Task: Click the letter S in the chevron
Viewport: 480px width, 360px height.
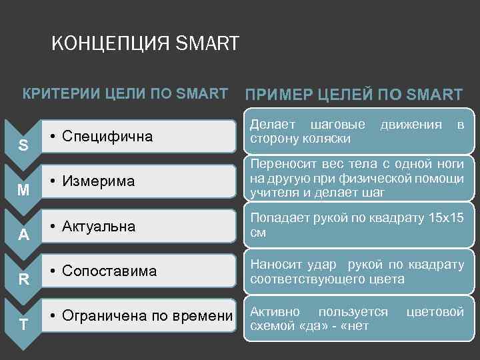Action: (x=23, y=145)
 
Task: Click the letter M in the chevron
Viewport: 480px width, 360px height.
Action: (x=23, y=190)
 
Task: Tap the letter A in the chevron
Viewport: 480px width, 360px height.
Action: (x=23, y=235)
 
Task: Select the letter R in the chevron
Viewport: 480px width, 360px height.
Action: (x=23, y=279)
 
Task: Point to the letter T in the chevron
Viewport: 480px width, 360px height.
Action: (x=23, y=325)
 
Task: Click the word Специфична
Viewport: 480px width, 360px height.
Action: (x=107, y=137)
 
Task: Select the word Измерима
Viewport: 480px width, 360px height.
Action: (x=98, y=181)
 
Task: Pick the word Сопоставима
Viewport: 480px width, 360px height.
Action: (x=109, y=271)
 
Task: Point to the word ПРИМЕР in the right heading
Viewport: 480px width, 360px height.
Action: (x=278, y=95)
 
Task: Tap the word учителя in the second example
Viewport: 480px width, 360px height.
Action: (x=272, y=193)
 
